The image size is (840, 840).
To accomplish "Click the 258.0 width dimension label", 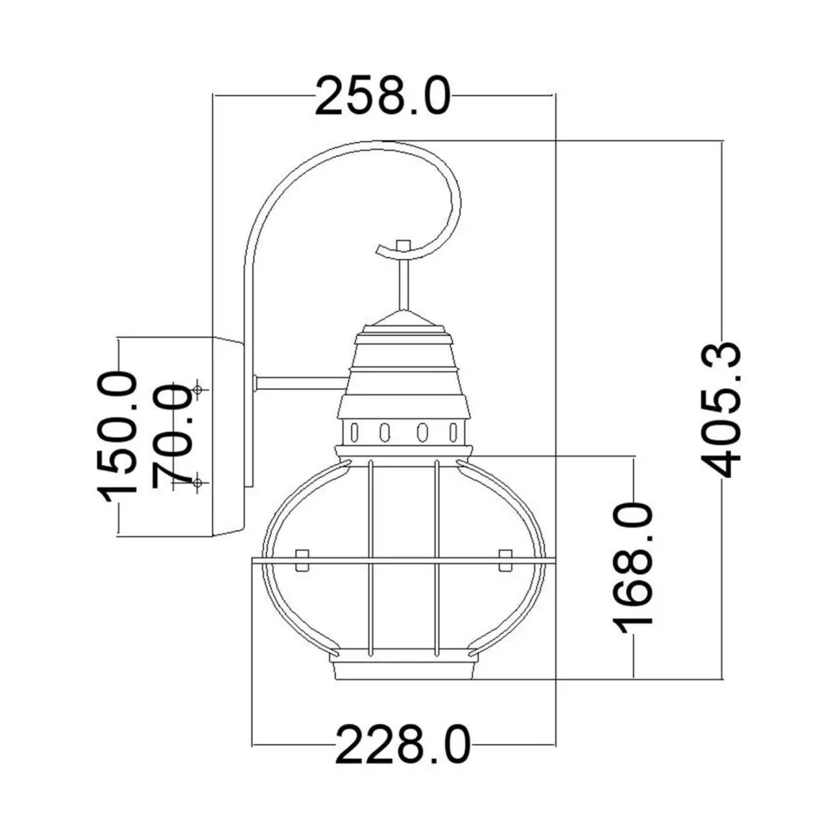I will tap(382, 95).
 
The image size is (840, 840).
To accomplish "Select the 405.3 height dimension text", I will tap(720, 410).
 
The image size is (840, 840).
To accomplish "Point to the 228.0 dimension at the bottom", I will tap(403, 745).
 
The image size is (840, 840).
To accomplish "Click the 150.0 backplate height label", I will tap(118, 436).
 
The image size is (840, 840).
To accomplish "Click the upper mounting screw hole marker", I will tap(198, 391).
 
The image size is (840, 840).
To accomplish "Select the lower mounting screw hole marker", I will tap(198, 481).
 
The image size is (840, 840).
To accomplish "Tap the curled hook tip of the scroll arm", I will tap(382, 250).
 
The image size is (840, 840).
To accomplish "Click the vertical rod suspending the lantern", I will tap(402, 281).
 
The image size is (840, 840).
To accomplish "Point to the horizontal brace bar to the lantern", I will tap(299, 382).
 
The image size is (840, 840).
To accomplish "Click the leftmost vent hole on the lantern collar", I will tap(353, 430).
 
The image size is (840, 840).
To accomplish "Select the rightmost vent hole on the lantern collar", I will tap(452, 430).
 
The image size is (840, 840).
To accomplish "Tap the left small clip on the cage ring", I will tap(302, 559).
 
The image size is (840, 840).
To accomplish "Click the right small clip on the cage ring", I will tap(506, 559).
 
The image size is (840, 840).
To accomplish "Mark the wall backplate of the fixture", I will tap(227, 436).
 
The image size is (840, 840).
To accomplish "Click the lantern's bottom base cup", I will tap(404, 669).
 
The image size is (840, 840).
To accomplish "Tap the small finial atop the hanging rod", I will tap(402, 245).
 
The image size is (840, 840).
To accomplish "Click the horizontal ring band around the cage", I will tap(404, 561).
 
